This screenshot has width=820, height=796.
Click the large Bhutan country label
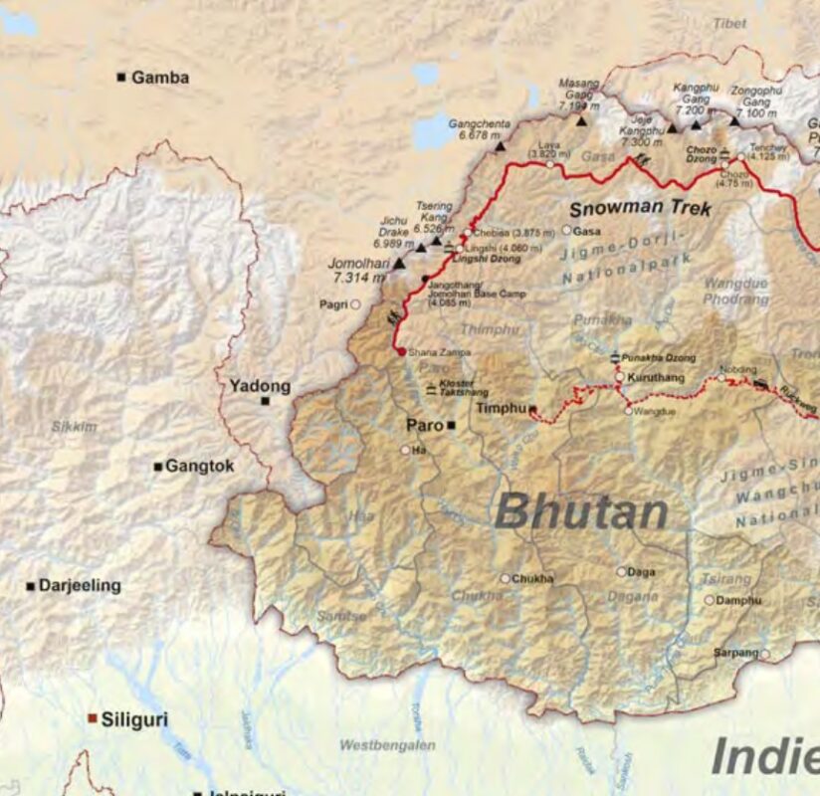[580, 511]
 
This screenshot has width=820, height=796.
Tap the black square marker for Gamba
[121, 77]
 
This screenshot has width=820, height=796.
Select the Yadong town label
[260, 385]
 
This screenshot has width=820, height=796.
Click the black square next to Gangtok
[157, 466]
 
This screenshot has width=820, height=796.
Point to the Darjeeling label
[80, 585]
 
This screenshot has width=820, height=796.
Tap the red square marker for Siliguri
[93, 717]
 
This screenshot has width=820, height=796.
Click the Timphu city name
[501, 408]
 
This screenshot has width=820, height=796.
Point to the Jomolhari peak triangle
[399, 264]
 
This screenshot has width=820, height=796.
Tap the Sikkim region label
[75, 426]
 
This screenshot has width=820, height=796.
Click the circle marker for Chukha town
[505, 578]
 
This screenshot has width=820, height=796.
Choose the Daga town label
[642, 572]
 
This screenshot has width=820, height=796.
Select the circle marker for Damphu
[710, 600]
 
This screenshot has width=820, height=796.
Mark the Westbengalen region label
[387, 744]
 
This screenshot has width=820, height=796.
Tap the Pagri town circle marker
[355, 303]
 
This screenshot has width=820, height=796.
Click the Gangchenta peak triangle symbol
[501, 146]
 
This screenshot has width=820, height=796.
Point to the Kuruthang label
[657, 377]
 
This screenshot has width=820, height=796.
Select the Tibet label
[729, 22]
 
